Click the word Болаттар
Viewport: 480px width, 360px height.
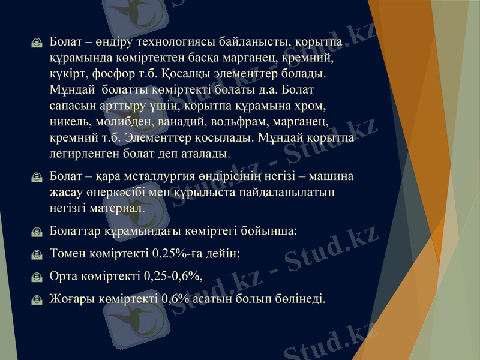point(76,230)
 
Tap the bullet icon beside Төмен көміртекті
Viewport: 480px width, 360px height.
point(37,254)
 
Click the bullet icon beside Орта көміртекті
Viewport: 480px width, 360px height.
point(37,277)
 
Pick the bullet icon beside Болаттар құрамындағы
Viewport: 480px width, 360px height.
point(37,232)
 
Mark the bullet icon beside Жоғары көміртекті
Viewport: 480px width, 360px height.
point(37,299)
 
